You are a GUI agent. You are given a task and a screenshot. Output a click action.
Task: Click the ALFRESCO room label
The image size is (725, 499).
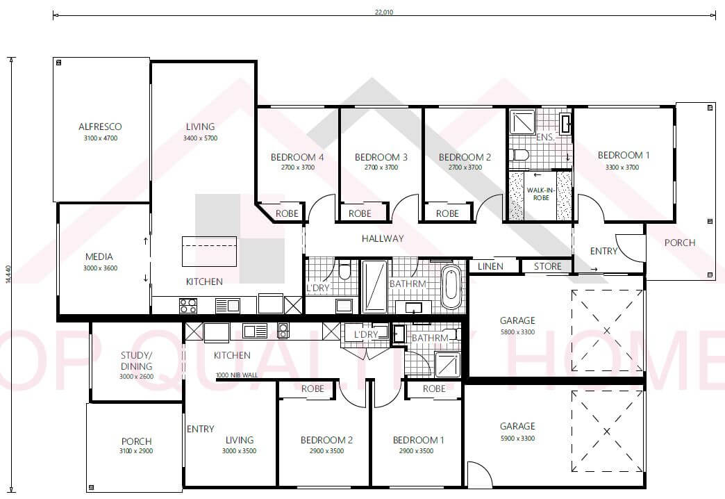pos(100,127)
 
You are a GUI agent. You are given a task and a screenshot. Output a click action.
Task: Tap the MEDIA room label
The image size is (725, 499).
pos(99,256)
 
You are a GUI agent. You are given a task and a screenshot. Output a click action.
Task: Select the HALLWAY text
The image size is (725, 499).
pos(382,238)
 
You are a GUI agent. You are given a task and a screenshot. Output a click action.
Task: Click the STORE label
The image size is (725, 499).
pos(547,266)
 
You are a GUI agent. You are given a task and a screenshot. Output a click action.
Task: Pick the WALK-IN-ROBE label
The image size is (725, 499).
pos(540,193)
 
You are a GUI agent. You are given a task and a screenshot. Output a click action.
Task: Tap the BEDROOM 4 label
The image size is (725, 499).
pos(297,157)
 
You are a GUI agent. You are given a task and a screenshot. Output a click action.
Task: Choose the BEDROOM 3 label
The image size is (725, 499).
pos(381,157)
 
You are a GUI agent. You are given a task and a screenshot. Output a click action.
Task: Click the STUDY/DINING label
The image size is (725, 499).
pos(136,361)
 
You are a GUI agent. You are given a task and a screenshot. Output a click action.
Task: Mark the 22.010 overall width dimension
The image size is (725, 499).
pos(383,13)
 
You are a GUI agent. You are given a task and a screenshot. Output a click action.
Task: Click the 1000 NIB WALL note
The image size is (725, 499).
pos(236,375)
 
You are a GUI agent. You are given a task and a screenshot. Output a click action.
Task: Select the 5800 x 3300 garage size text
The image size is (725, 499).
pos(517,332)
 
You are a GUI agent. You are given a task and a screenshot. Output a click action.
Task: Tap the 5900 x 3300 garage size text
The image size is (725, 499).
pos(517,438)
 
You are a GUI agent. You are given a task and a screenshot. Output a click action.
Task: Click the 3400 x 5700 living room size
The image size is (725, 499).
pos(200,138)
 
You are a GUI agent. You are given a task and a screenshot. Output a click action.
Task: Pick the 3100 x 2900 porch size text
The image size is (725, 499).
pos(136,451)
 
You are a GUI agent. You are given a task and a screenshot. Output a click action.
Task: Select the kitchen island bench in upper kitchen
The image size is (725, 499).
pos(209,251)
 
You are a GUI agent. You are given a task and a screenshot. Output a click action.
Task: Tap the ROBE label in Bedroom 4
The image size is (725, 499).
pos(287,213)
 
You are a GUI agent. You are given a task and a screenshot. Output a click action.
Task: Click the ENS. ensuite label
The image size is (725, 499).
pos(545,138)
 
